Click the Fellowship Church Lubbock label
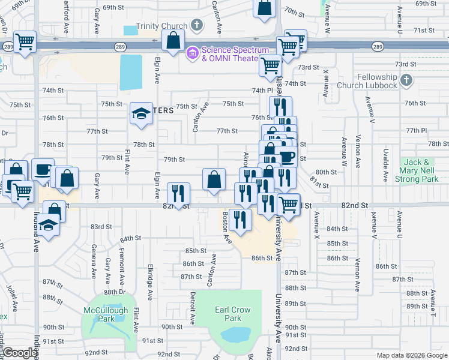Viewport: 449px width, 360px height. pyautogui.click(x=377, y=81)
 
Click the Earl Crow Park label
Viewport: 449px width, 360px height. pyautogui.click(x=228, y=314)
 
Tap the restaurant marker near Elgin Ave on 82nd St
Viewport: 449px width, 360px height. pyautogui.click(x=178, y=193)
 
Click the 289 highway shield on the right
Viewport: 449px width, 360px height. pyautogui.click(x=377, y=46)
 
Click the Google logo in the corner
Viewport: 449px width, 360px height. pyautogui.click(x=20, y=353)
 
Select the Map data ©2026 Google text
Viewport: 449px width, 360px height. pyautogui.click(x=412, y=355)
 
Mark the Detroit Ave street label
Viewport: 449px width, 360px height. pyautogui.click(x=193, y=306)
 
